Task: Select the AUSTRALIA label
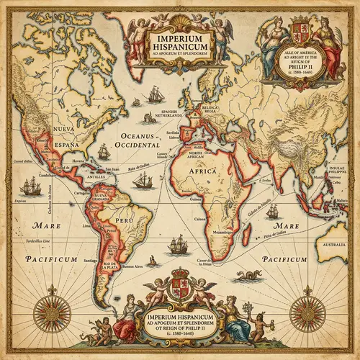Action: (x=333, y=245)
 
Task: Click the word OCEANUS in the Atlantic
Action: (x=138, y=135)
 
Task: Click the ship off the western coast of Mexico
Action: (x=30, y=187)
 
